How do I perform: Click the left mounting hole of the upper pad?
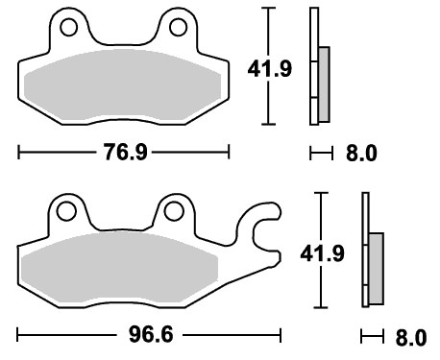point(68,27)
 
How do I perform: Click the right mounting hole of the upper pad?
point(178,27)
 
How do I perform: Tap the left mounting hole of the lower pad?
point(66,211)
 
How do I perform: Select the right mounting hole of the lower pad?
point(174,211)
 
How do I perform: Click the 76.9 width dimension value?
point(125,152)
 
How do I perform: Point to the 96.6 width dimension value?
point(151,335)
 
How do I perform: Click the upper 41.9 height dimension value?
point(270,68)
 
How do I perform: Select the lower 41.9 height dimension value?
point(322,253)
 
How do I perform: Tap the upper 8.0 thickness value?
point(361,153)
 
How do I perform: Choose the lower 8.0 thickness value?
point(411,337)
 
